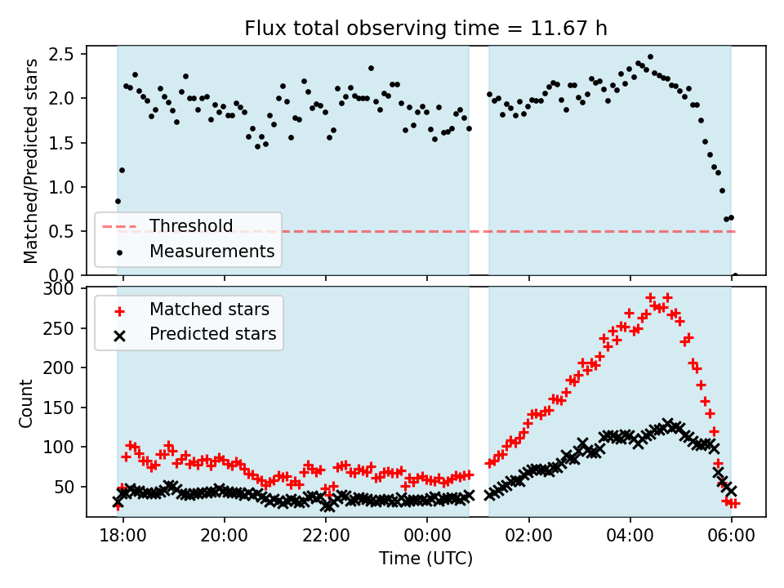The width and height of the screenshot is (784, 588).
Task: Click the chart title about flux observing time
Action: (x=425, y=29)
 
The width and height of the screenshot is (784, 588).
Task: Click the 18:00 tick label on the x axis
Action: (x=123, y=538)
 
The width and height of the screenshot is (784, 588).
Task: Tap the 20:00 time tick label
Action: (x=225, y=538)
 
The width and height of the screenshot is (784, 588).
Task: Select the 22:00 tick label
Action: (x=326, y=538)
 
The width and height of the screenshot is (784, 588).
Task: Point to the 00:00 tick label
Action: (x=427, y=538)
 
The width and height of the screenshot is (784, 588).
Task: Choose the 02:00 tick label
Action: (x=528, y=538)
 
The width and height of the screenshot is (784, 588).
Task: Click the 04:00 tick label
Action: (x=630, y=538)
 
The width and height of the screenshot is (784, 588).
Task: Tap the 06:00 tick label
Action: (x=731, y=538)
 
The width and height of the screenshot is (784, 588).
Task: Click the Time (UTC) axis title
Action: (x=425, y=559)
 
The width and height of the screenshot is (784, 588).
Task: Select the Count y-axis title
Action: (x=26, y=403)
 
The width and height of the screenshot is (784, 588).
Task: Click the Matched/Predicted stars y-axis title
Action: (x=31, y=161)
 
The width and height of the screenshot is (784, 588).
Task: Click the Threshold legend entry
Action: (x=190, y=226)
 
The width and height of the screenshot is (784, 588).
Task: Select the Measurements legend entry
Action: (x=212, y=251)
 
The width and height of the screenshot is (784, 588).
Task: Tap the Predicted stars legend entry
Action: (x=212, y=334)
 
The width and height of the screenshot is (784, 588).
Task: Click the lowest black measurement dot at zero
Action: (x=735, y=275)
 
